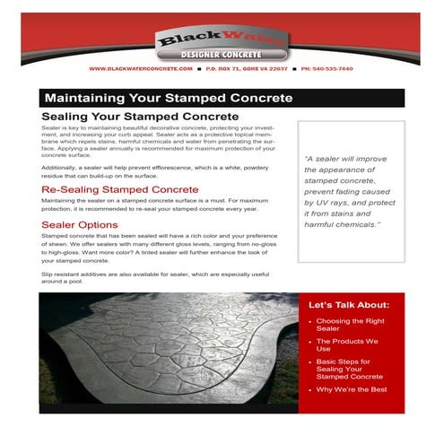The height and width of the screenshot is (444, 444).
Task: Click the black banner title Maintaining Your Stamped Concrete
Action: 169,97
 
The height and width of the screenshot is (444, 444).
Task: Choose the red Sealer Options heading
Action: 80,223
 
